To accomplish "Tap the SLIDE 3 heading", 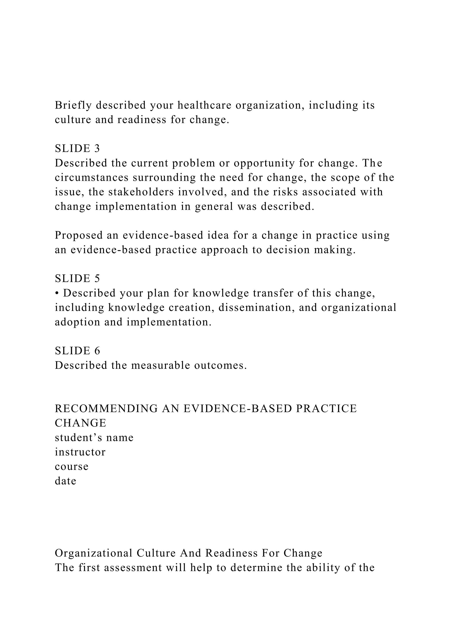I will click(77, 149).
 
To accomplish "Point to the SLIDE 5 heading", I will click(77, 278).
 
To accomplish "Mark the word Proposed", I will click(79, 235).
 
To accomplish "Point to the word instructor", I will click(80, 452).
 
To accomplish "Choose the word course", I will click(71, 466).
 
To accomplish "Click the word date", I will click(65, 481).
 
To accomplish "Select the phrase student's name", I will click(94, 438).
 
